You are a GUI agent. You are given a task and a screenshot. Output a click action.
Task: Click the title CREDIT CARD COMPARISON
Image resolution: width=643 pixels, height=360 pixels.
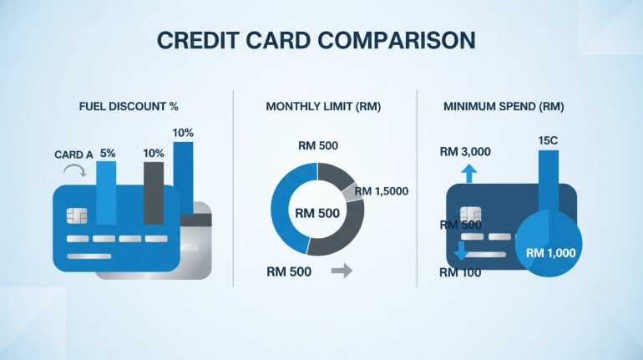coord(316,40)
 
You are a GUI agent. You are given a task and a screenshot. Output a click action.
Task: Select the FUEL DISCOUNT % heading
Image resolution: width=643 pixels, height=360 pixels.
coord(129,107)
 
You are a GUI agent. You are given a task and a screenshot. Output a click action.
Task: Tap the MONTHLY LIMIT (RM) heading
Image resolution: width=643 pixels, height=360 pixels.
coord(323,107)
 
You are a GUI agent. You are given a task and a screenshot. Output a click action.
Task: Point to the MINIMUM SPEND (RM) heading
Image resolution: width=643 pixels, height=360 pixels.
coord(504,107)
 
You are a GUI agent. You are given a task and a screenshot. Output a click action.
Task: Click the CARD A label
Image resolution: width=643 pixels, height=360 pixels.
coord(73,155)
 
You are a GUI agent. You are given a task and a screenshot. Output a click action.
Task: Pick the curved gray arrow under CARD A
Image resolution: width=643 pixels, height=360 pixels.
coord(75,170)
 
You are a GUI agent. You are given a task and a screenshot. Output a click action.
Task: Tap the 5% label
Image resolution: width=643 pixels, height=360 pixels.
coord(108,154)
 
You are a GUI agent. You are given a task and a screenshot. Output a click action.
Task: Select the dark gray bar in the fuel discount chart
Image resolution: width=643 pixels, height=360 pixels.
coord(154,193)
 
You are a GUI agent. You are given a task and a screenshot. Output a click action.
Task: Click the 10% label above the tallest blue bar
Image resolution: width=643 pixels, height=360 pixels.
coord(183,133)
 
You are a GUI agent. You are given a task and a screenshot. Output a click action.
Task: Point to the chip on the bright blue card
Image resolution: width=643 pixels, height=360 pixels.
coord(77,215)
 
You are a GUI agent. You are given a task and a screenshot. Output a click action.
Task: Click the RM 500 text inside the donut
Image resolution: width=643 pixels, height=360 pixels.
coord(317,213)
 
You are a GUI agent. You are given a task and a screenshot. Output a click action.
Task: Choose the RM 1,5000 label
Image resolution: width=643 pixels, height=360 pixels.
coord(382,191)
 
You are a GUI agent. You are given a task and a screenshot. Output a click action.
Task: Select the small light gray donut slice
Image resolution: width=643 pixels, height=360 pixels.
coord(352,192)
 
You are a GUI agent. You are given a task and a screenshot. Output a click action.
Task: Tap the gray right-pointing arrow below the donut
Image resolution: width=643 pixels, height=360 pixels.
coord(342,271)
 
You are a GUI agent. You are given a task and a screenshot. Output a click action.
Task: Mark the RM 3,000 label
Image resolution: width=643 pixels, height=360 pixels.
coord(465,152)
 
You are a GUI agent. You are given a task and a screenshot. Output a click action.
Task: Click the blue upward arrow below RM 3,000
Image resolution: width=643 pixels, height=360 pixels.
coord(469,174)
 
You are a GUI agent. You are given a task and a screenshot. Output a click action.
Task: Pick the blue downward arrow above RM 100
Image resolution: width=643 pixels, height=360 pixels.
coord(461,251)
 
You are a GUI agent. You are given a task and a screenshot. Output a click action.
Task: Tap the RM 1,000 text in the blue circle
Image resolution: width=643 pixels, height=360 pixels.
coord(551,253)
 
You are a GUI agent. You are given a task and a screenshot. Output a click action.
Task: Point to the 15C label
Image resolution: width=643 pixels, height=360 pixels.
coord(548,140)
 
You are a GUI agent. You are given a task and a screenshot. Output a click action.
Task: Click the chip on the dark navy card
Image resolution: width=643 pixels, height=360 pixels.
coord(471,214)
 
